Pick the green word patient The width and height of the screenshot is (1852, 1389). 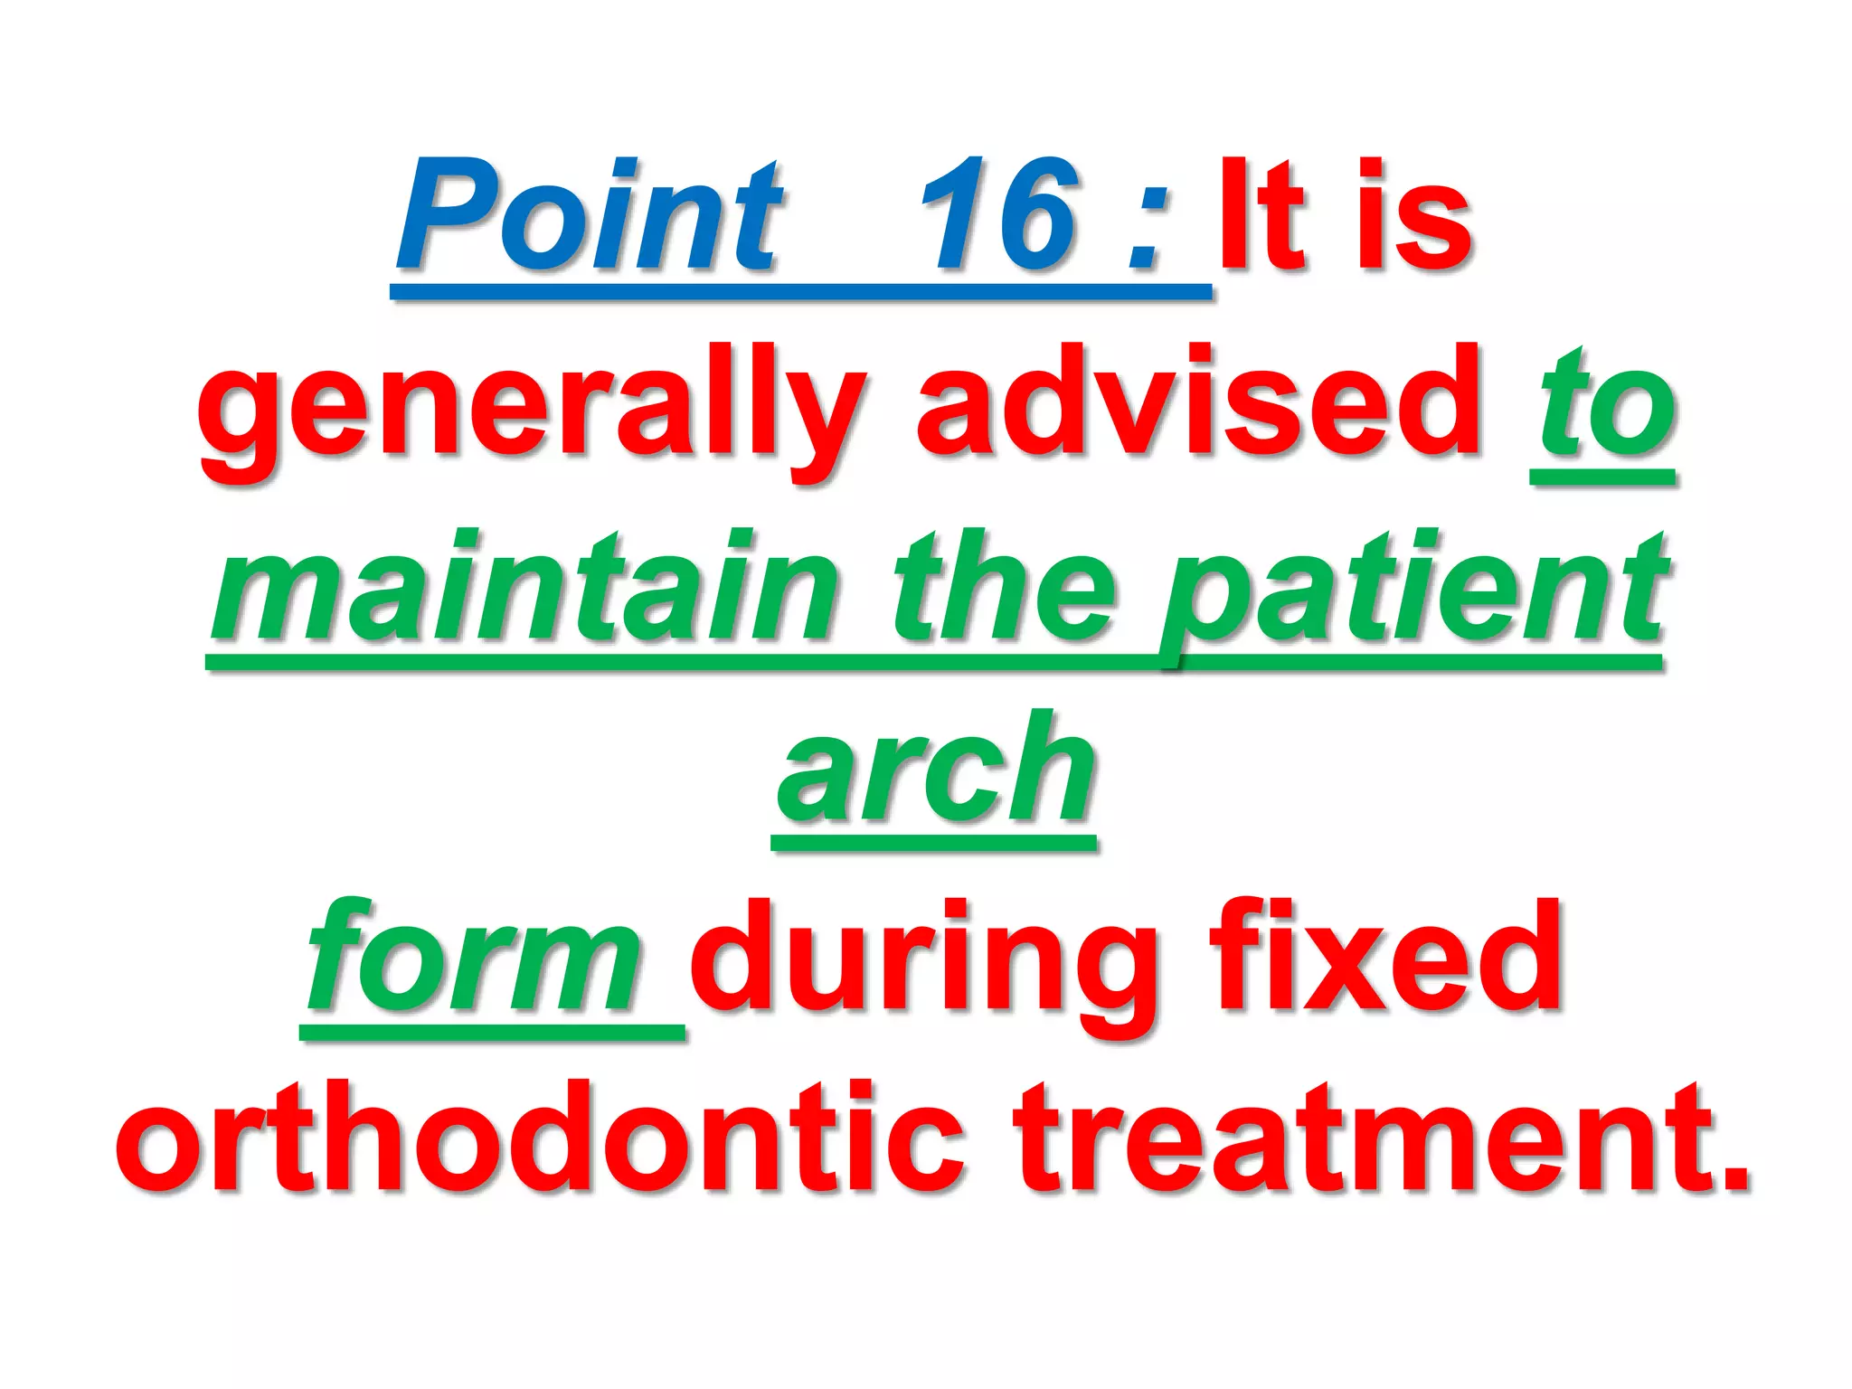(x=1415, y=592)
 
